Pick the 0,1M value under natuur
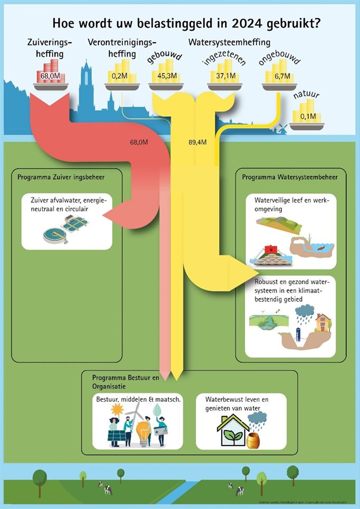(307, 116)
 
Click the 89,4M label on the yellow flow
(196, 142)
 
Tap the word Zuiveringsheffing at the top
(44, 47)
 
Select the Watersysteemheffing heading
(229, 42)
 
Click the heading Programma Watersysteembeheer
(290, 177)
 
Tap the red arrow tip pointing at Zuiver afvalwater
(105, 214)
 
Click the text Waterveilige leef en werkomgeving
(280, 204)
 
